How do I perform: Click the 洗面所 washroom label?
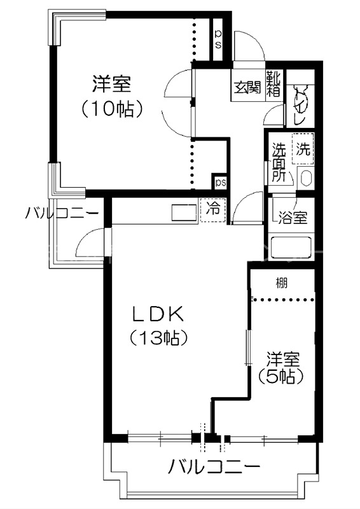(279, 163)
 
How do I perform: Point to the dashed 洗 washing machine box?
(303, 150)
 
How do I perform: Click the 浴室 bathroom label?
(293, 218)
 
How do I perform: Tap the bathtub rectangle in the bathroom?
(292, 246)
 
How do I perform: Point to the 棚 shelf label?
(280, 282)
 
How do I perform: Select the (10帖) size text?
(111, 109)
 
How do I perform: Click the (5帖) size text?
(280, 376)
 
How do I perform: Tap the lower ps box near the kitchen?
(220, 183)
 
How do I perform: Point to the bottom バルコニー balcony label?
(214, 468)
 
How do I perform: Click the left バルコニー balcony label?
(62, 213)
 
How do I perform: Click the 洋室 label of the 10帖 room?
(111, 83)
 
